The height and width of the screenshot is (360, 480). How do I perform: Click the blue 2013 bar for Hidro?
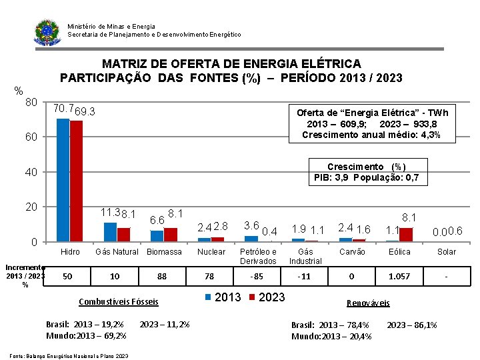coord(63,180)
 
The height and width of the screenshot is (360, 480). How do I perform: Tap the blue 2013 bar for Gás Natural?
coord(110,231)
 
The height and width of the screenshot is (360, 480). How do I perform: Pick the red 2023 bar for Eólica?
coord(406,234)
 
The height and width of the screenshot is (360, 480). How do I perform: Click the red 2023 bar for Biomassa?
coord(171,234)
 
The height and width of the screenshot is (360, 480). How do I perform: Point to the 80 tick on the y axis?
coord(31,103)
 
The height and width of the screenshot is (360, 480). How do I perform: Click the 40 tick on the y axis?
coord(31,173)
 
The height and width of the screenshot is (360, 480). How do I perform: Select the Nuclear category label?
coord(211,252)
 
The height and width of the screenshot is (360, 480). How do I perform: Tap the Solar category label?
coord(447,252)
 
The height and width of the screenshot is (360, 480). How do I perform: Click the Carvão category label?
coord(352,252)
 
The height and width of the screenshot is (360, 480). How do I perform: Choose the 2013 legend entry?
coord(225,297)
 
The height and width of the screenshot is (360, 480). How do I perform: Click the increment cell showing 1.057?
coord(399,276)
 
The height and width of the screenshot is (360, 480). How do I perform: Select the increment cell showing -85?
coord(257,276)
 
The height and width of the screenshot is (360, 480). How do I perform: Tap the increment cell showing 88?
coord(162,276)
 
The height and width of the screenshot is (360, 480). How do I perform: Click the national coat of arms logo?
coord(47,31)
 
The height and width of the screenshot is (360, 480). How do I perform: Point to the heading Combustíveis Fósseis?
coord(119,301)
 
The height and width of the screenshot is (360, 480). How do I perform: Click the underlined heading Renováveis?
coord(369,303)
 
